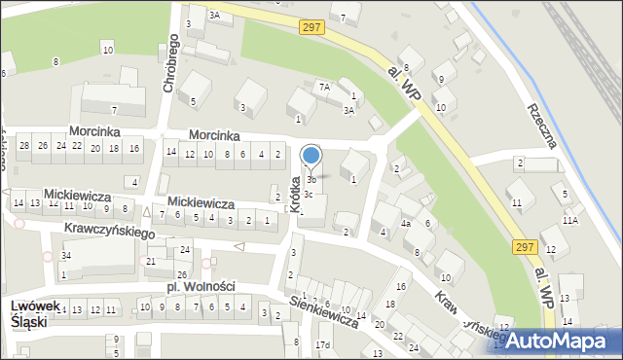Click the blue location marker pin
(x=311, y=156)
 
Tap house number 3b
(x=311, y=180)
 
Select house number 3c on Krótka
(x=308, y=195)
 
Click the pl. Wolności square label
(x=201, y=286)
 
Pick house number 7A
(x=325, y=87)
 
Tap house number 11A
(x=569, y=221)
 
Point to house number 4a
(x=407, y=224)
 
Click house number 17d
(x=322, y=345)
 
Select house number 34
(x=65, y=256)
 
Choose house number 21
(x=150, y=262)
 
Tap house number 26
(x=181, y=274)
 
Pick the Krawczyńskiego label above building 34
(x=110, y=233)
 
